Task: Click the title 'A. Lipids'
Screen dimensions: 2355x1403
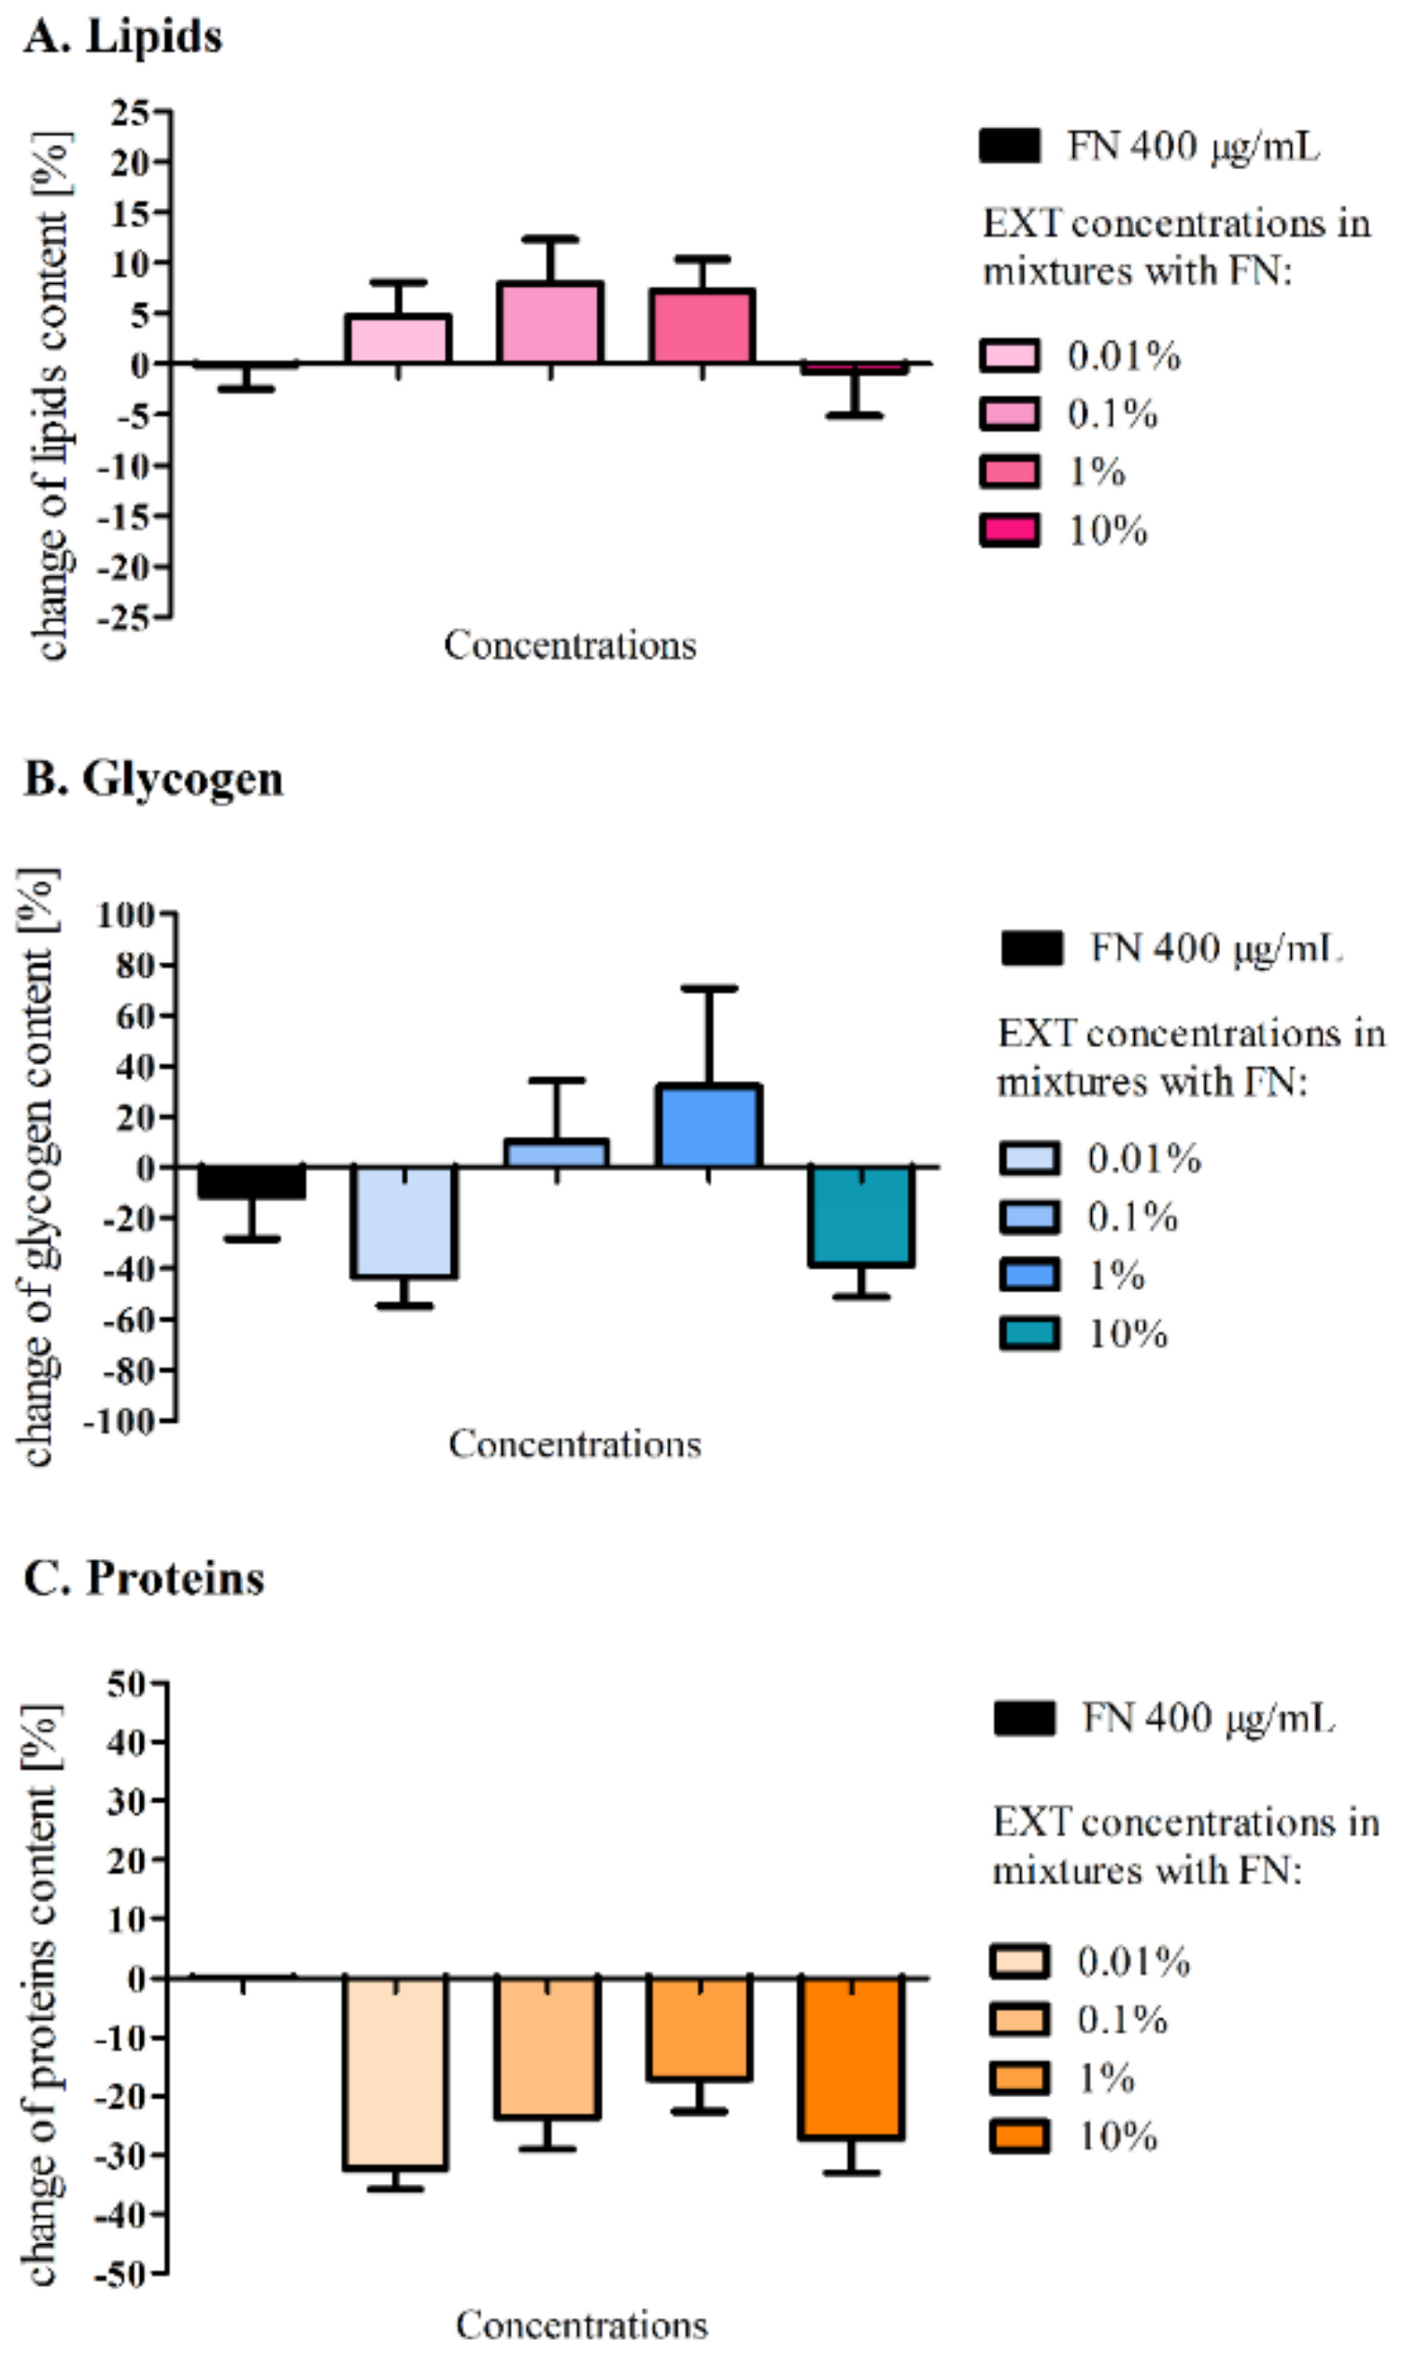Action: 123,37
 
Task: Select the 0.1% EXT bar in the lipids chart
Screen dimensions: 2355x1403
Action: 550,323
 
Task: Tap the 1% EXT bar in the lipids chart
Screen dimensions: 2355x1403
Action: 701,327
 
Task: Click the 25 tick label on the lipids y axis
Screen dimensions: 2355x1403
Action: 131,113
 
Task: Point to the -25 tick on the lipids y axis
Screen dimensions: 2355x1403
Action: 125,617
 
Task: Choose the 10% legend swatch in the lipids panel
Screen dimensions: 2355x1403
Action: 1010,531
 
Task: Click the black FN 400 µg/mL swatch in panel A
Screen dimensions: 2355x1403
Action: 1010,147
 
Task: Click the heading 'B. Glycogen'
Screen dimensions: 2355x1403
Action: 153,780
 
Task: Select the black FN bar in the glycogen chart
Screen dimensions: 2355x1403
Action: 251,1183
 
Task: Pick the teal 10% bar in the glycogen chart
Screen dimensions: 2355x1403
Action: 861,1215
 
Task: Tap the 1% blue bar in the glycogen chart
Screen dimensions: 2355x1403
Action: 708,1126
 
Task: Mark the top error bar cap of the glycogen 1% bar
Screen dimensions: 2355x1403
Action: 708,989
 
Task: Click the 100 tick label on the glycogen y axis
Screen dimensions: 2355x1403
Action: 125,915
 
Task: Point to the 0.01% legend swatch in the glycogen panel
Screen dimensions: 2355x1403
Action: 1029,1158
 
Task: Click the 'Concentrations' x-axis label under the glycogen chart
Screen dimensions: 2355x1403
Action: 574,1443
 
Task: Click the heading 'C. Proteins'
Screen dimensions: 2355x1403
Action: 144,1578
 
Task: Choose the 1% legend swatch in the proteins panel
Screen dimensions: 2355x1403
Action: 1020,2078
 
